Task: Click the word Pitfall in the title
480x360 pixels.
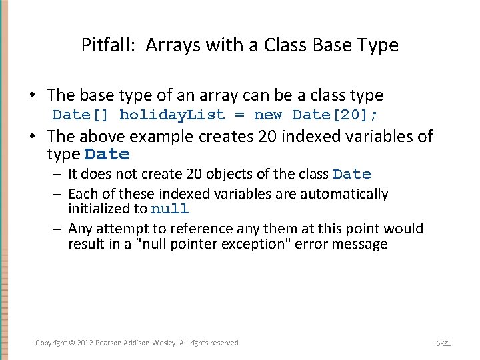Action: click(x=103, y=45)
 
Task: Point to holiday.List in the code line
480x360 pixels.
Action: click(x=172, y=115)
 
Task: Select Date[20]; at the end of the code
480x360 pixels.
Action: click(x=335, y=115)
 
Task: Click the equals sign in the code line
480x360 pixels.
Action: click(x=239, y=115)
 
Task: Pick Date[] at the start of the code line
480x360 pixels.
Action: click(x=80, y=115)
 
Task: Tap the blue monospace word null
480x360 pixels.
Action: click(x=169, y=209)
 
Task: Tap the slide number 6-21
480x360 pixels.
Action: click(x=443, y=343)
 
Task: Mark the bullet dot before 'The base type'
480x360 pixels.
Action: click(x=39, y=96)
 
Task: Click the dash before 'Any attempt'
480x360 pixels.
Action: click(x=58, y=229)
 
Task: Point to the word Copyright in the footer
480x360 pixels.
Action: click(x=51, y=343)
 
